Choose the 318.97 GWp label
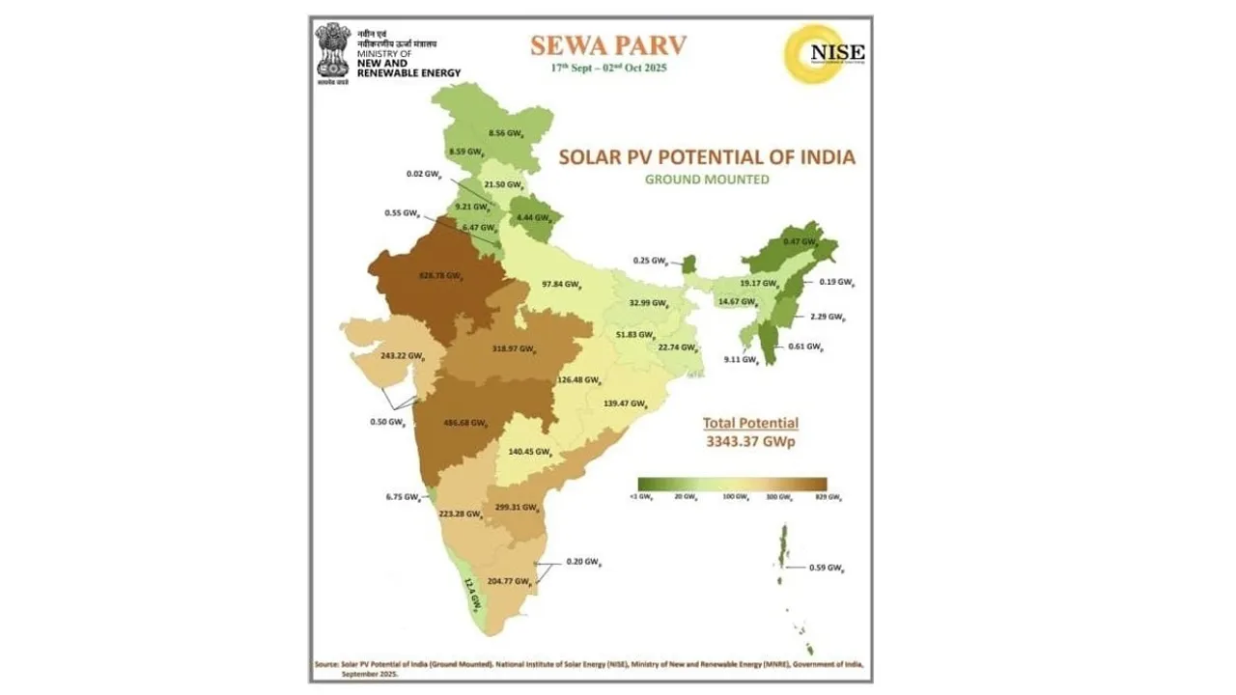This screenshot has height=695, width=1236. coord(513,347)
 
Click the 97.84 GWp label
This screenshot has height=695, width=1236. coord(561,285)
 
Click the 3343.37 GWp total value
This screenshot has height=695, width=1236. coord(749,441)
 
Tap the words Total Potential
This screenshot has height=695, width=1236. coord(750,423)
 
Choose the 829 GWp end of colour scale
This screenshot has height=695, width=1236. coord(828,497)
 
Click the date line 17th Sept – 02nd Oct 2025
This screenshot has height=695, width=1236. coord(608,69)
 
